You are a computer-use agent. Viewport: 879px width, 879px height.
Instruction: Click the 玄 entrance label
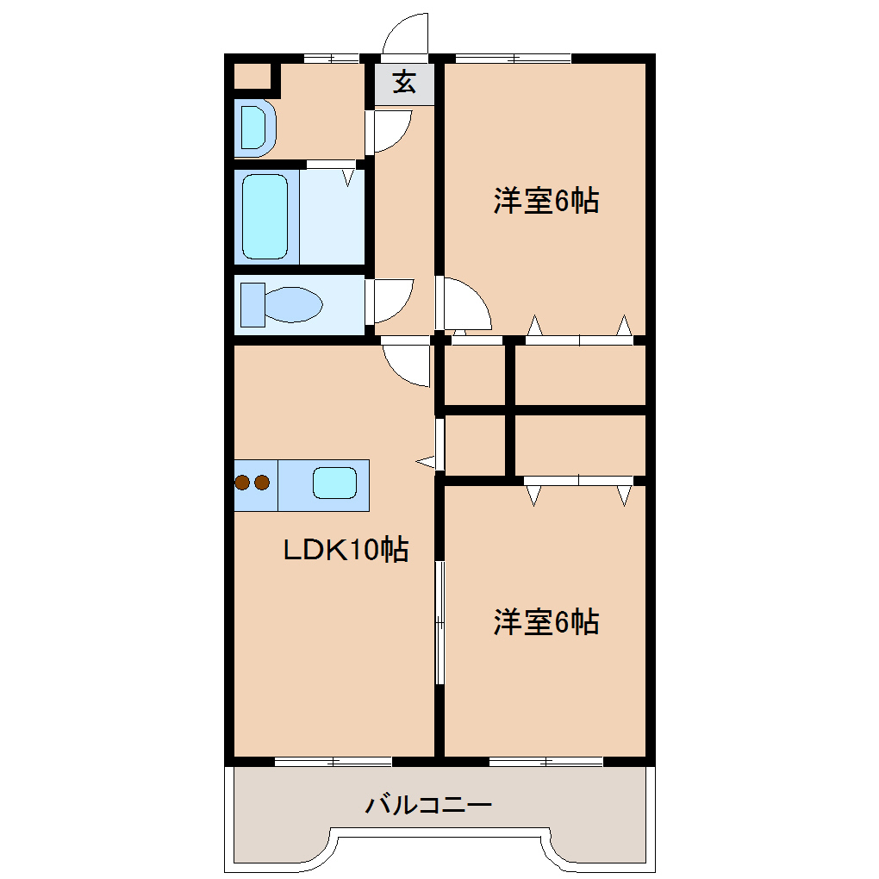pyautogui.click(x=404, y=83)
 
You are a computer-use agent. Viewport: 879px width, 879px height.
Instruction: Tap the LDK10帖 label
pyautogui.click(x=346, y=549)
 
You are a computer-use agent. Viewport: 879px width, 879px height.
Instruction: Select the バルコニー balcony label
pyautogui.click(x=428, y=807)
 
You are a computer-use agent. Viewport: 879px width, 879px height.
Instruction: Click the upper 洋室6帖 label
pyautogui.click(x=546, y=202)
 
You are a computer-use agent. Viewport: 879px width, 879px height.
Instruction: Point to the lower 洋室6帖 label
pyautogui.click(x=546, y=621)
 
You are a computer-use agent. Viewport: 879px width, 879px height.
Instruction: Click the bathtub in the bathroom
pyautogui.click(x=265, y=216)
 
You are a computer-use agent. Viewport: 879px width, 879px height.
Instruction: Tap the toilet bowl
pyautogui.click(x=294, y=304)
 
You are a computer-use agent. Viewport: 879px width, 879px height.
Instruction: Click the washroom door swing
pyautogui.click(x=390, y=129)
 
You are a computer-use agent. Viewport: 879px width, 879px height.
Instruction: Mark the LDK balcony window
pyautogui.click(x=333, y=761)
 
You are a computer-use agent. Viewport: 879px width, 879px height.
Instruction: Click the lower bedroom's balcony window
pyautogui.click(x=545, y=761)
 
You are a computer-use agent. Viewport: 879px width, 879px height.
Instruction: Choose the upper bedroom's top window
pyautogui.click(x=513, y=59)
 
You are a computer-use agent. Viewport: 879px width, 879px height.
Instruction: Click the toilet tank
pyautogui.click(x=252, y=304)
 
